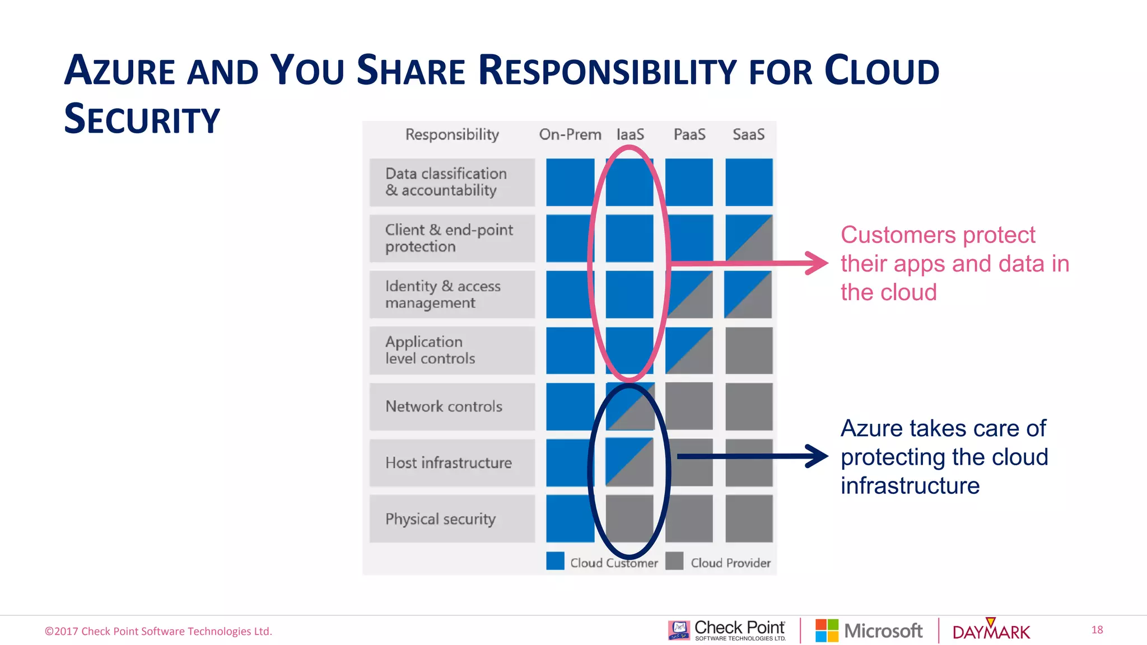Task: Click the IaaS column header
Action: tap(630, 134)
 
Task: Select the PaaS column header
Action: tap(689, 134)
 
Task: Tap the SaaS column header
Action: tap(748, 134)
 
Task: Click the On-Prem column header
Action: tap(570, 134)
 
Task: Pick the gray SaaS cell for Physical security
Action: tap(749, 518)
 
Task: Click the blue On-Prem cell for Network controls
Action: tap(570, 406)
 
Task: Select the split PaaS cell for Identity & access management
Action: tap(689, 295)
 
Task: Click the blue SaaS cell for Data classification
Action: tap(749, 182)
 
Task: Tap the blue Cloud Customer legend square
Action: tap(555, 561)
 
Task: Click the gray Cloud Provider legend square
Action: tap(674, 561)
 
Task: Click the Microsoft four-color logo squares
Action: tap(827, 630)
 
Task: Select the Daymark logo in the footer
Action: tap(991, 631)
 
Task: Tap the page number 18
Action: tap(1097, 630)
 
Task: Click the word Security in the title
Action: tap(142, 119)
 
